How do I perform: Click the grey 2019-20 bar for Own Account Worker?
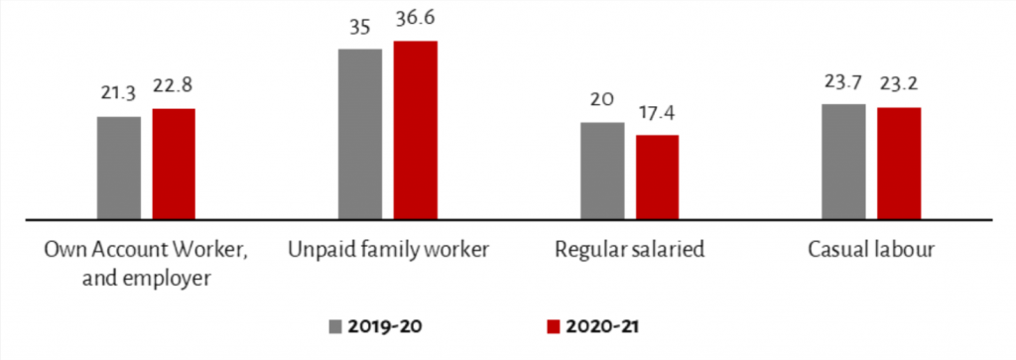click(118, 168)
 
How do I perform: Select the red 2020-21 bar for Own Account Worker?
click(174, 164)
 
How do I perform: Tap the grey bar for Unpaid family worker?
click(360, 133)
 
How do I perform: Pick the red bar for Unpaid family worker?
click(415, 130)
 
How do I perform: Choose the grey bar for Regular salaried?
click(602, 170)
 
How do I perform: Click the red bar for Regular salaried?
click(657, 177)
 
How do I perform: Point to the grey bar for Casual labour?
click(843, 161)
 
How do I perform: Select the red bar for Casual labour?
click(899, 163)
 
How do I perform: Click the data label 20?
click(601, 99)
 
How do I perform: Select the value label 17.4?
click(657, 112)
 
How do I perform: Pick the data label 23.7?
click(843, 82)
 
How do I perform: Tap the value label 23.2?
click(899, 85)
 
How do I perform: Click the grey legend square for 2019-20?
click(335, 325)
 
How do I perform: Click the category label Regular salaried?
click(630, 250)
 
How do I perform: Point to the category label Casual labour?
click(871, 250)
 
